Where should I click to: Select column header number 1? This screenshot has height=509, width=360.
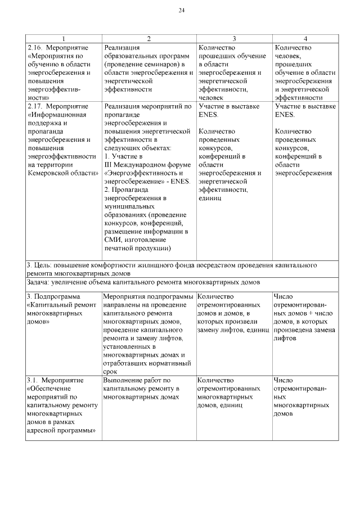(64, 38)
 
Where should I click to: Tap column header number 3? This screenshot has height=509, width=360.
(233, 38)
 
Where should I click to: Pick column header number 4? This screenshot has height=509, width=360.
(305, 38)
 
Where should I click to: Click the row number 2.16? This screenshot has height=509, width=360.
(35, 47)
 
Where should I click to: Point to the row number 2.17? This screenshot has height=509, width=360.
(35, 106)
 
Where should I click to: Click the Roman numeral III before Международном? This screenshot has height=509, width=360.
(109, 165)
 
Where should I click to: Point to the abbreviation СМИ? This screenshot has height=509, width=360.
(112, 240)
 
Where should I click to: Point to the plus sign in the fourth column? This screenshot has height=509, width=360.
(310, 313)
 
